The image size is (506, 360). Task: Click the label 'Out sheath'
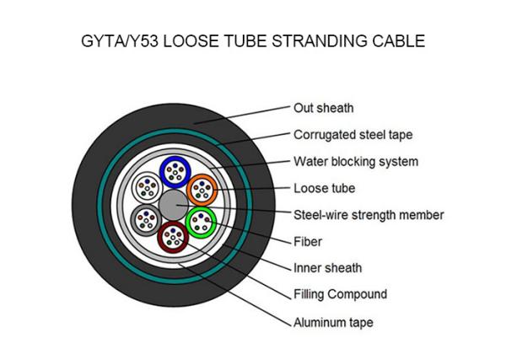(323, 108)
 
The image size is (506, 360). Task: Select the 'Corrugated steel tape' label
(353, 135)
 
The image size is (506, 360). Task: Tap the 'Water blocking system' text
(356, 162)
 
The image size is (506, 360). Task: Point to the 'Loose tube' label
(325, 188)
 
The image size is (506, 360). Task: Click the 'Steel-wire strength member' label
(369, 215)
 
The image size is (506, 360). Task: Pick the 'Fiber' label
(308, 242)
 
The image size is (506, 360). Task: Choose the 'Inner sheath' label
(327, 268)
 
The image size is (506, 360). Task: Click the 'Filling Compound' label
(340, 294)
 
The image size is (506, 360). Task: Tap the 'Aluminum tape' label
(333, 323)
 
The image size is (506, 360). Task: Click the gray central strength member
(173, 205)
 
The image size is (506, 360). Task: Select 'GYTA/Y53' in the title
(120, 41)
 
